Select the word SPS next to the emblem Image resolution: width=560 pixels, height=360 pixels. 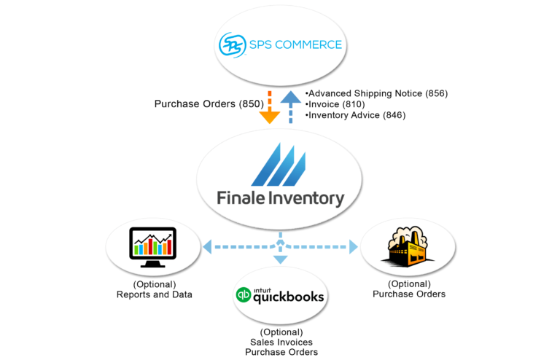tap(261, 45)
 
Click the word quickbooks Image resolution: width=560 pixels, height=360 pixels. tap(289, 297)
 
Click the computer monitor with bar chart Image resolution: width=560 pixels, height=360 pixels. tap(152, 245)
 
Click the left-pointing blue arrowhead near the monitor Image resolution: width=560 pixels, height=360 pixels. tap(207, 247)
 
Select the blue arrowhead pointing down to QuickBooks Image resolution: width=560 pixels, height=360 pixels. tap(280, 259)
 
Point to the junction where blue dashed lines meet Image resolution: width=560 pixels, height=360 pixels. tap(280, 245)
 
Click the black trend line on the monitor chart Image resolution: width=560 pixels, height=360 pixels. tap(153, 238)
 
